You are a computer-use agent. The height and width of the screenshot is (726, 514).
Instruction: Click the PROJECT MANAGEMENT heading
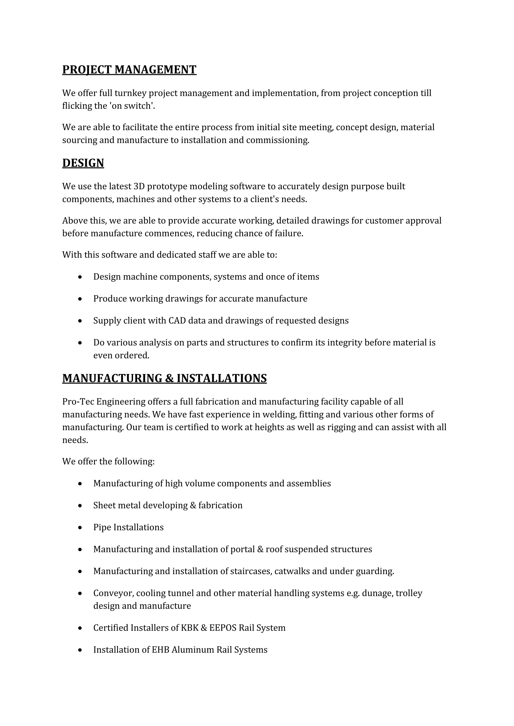(129, 69)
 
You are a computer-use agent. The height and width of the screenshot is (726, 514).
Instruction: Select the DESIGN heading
(83, 163)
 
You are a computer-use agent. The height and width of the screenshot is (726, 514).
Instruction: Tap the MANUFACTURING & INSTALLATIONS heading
(164, 378)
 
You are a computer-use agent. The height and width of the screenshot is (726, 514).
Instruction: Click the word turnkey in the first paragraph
(130, 93)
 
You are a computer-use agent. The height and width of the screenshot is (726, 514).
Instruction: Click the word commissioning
(277, 140)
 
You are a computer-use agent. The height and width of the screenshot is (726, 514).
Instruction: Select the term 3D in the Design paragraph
(139, 186)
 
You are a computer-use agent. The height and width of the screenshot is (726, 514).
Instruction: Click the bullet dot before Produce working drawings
(80, 299)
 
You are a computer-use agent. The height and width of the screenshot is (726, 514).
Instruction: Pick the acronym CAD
(177, 321)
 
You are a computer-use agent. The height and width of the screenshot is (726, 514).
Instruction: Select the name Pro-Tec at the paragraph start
(78, 402)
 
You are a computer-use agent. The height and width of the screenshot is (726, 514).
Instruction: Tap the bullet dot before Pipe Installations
(80, 527)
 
